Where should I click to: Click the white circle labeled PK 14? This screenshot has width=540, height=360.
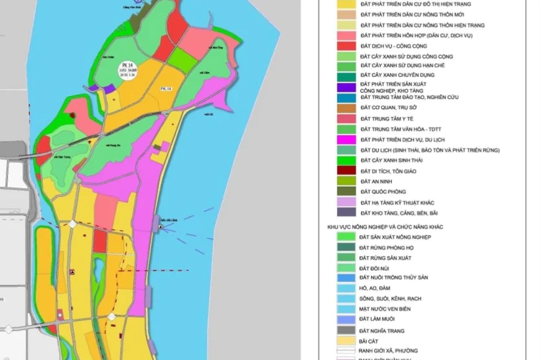coord(128,71)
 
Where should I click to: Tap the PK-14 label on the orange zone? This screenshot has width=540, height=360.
coord(166,89)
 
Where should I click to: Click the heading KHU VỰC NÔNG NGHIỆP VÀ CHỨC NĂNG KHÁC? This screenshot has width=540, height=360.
coord(385,227)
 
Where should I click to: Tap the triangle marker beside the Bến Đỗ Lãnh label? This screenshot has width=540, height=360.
coord(161,227)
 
